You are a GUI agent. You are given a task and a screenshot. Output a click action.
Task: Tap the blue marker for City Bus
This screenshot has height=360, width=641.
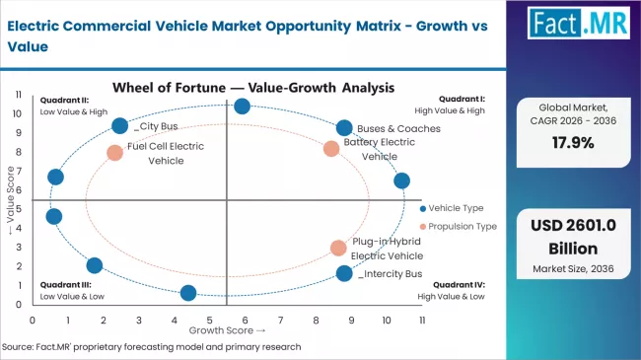[x=120, y=126]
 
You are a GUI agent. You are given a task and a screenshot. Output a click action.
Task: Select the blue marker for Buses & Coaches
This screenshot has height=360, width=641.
[x=343, y=128]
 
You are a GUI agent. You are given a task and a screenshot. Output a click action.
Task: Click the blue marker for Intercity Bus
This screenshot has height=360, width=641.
[x=343, y=273]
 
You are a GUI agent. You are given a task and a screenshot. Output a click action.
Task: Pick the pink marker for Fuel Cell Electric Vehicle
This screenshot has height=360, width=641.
[x=115, y=153]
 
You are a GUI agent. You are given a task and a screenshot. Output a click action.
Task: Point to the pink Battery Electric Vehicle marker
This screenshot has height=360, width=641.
[x=331, y=149]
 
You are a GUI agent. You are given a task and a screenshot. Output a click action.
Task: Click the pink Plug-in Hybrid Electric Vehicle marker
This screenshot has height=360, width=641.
[x=338, y=248]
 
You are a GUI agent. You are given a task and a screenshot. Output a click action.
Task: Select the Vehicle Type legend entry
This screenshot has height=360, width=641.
[x=456, y=208]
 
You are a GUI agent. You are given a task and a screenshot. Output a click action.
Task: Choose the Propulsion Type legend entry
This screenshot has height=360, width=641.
[x=461, y=226]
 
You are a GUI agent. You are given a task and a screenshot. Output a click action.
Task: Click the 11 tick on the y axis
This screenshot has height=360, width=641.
[x=19, y=94]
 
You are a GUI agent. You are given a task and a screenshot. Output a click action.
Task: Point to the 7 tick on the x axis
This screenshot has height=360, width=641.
[x=280, y=321]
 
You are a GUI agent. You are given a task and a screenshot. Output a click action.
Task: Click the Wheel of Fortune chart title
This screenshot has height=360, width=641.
[x=254, y=87]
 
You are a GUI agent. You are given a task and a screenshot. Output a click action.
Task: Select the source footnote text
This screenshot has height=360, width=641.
[x=151, y=346]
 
